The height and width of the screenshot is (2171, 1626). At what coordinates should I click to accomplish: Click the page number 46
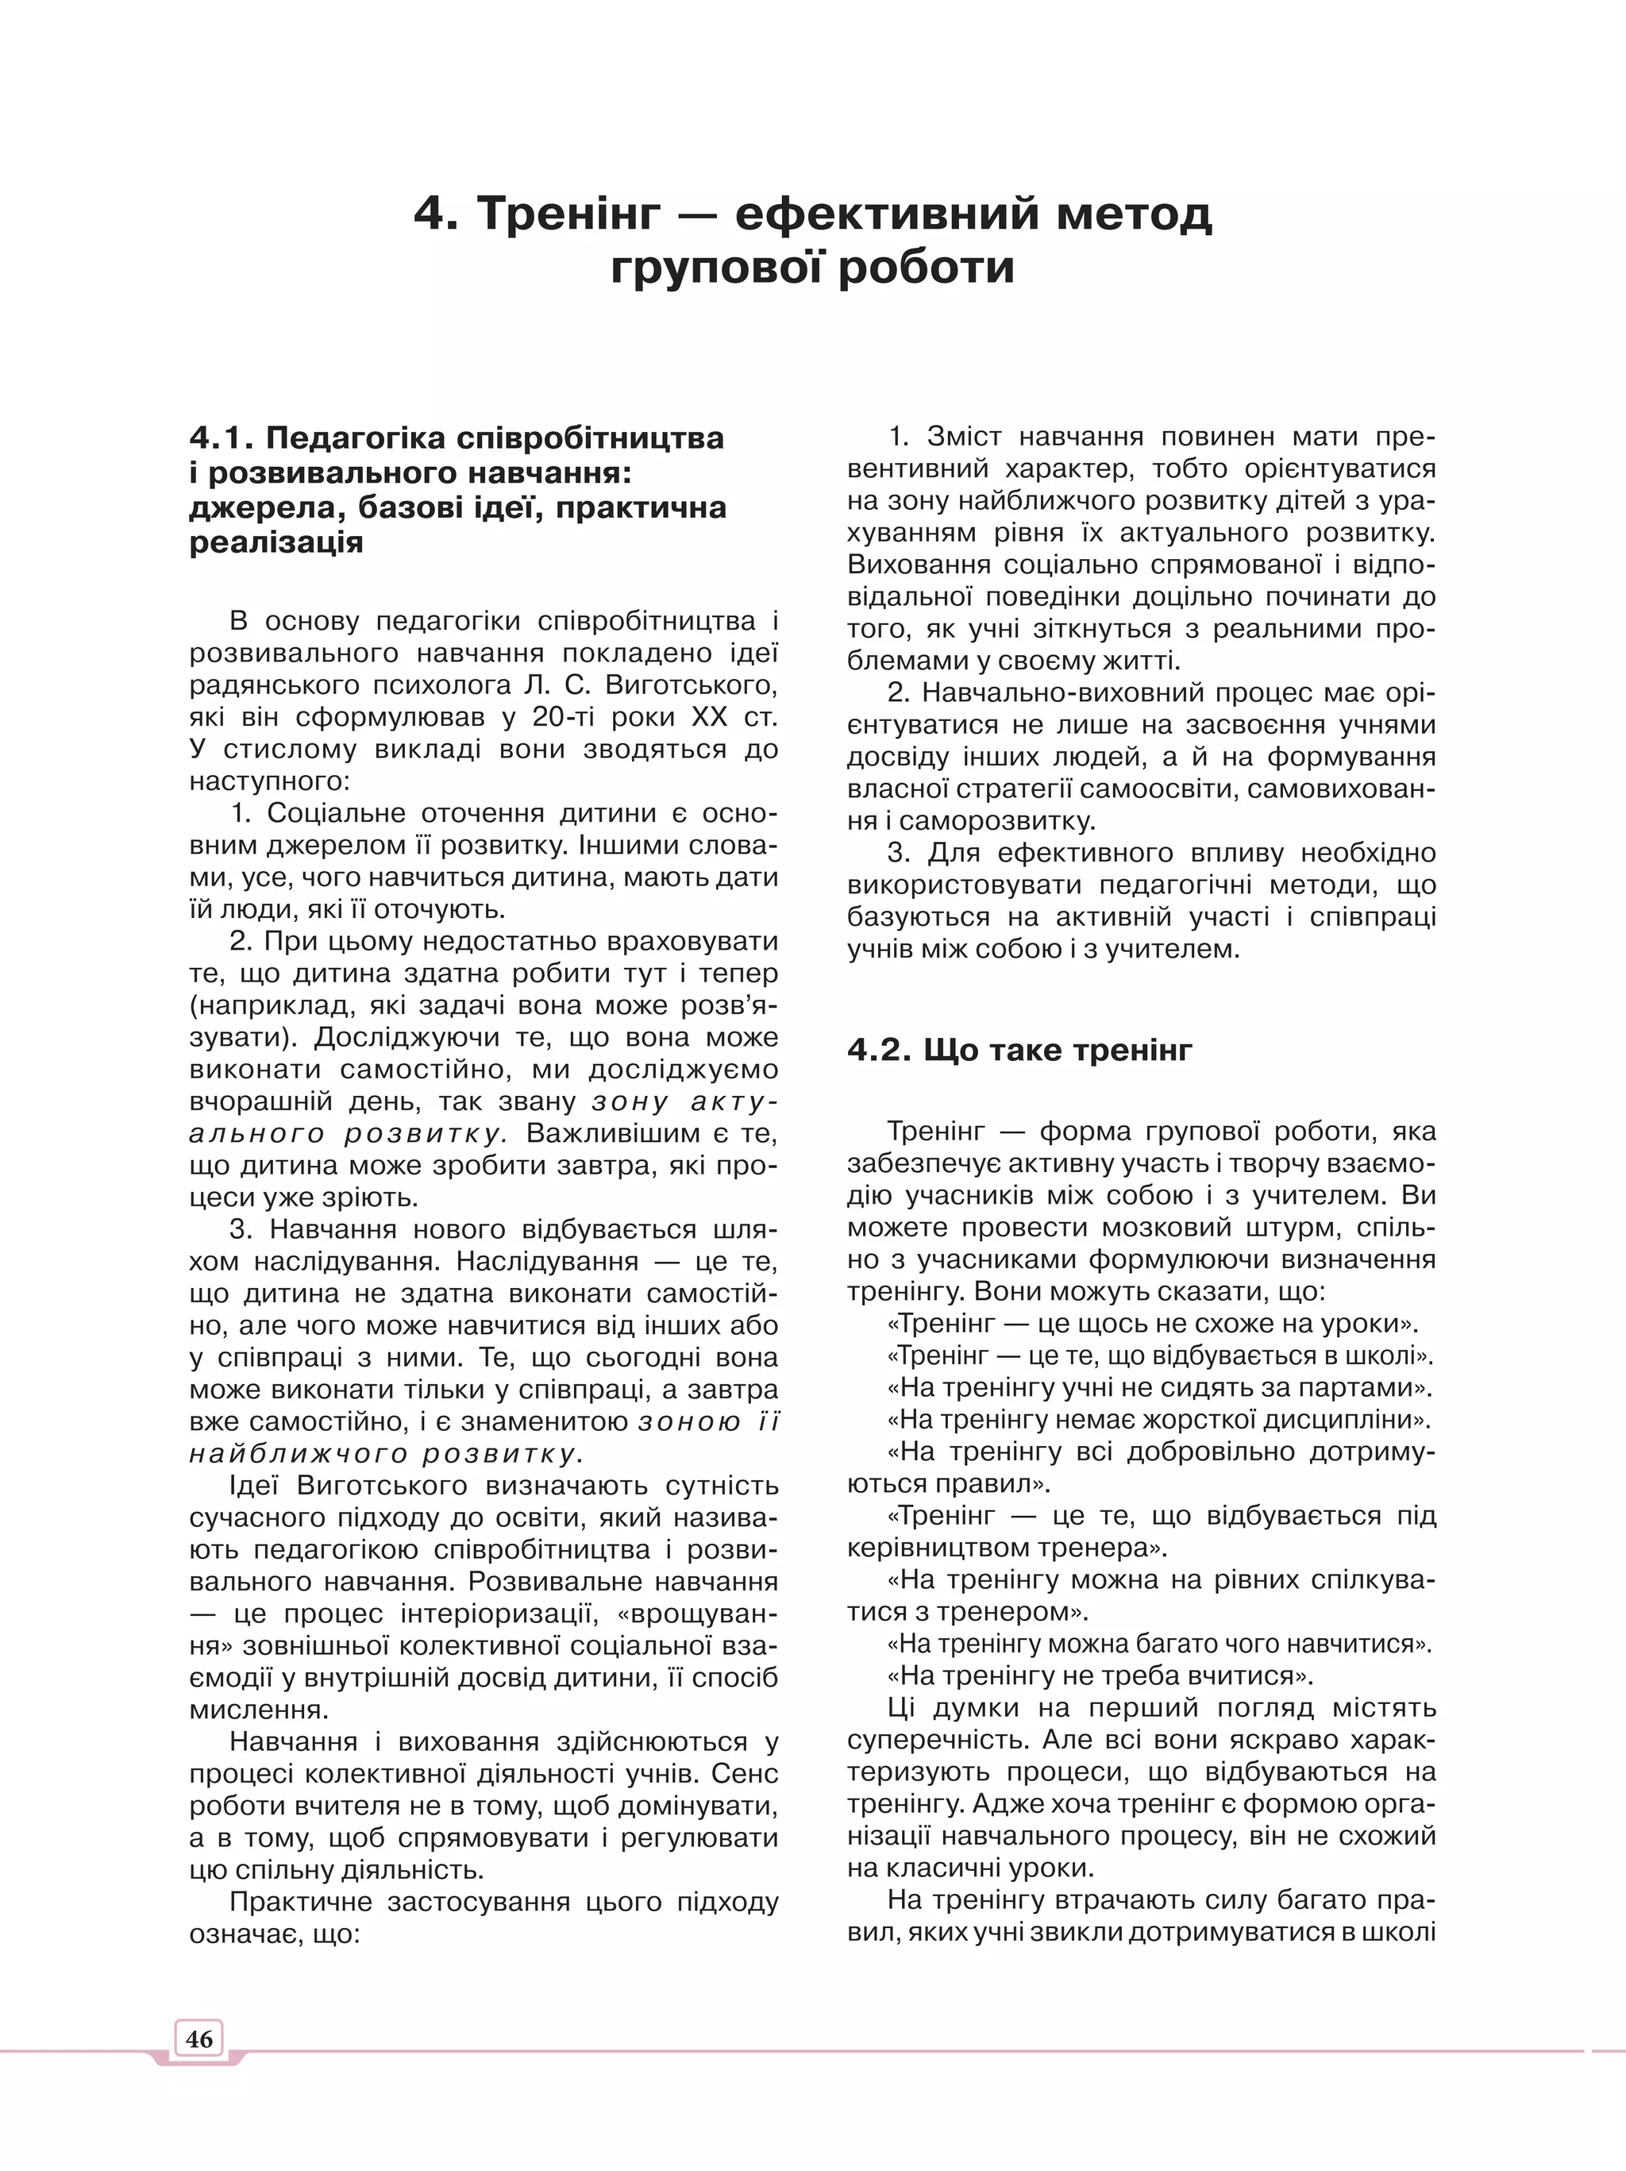pyautogui.click(x=198, y=2038)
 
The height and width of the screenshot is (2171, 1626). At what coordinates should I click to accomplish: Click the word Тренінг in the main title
pyautogui.click(x=566, y=213)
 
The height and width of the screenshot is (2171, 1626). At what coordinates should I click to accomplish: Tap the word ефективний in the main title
pyautogui.click(x=886, y=213)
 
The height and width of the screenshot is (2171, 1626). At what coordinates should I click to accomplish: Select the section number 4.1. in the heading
pyautogui.click(x=221, y=438)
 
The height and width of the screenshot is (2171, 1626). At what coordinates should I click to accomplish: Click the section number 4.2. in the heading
pyautogui.click(x=879, y=1051)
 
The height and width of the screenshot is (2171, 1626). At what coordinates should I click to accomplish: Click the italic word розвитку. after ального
pyautogui.click(x=425, y=1135)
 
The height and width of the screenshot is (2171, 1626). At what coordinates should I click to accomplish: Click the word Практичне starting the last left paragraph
pyautogui.click(x=300, y=1902)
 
